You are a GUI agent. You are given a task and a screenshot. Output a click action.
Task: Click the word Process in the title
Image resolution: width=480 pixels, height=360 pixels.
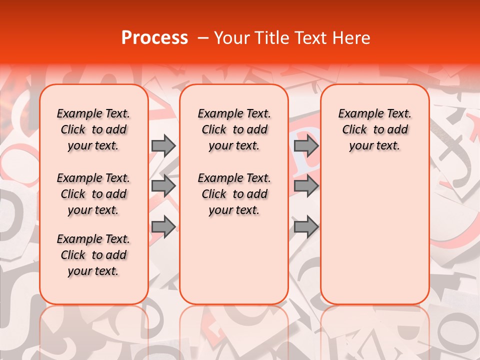tap(154, 38)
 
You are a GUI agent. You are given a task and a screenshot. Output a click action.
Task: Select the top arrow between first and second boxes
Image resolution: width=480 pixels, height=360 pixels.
tap(163, 146)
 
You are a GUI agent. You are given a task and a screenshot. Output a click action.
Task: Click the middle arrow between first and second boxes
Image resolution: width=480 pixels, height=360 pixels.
tap(163, 186)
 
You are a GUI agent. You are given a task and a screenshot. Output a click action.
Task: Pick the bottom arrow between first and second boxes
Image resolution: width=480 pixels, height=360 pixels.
tap(163, 226)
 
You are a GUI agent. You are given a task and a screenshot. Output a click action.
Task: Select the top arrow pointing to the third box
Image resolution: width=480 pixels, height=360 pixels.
tap(306, 146)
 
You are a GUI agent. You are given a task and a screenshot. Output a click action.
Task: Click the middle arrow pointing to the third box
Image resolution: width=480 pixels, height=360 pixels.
tap(306, 186)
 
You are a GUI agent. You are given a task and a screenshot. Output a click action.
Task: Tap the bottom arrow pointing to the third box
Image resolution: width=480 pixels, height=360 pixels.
tap(306, 226)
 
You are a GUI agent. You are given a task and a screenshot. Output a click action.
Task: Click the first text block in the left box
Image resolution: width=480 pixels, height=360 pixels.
tap(93, 130)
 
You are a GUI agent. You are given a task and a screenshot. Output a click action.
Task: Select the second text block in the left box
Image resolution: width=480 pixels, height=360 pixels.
tap(93, 194)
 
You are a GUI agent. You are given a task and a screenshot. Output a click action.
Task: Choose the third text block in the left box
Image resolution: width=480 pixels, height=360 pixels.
tap(93, 255)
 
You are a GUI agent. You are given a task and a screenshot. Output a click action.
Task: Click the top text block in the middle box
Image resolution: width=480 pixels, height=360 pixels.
tap(234, 130)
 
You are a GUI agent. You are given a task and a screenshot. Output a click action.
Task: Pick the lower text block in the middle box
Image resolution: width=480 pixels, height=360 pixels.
tap(234, 194)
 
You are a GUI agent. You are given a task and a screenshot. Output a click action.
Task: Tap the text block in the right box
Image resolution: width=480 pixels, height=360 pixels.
tap(374, 130)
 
